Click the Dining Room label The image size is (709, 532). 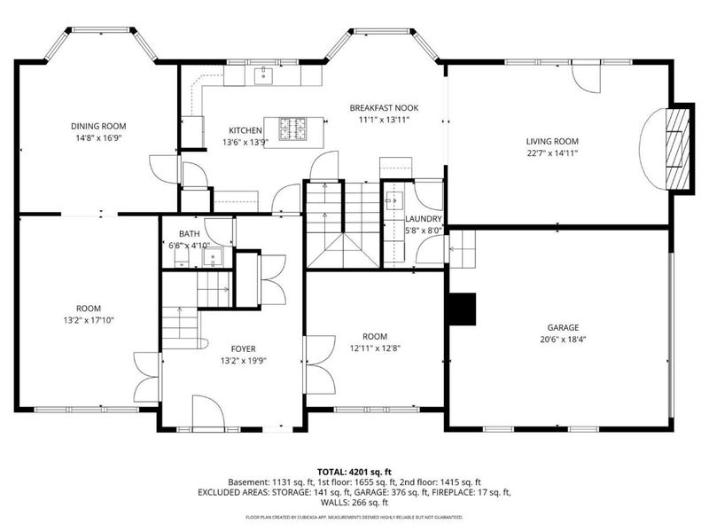(98, 126)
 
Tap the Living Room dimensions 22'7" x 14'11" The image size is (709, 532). (552, 153)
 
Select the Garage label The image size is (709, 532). (563, 327)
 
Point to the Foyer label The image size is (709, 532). (243, 348)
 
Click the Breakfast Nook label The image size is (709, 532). (384, 107)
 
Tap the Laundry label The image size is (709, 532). (424, 219)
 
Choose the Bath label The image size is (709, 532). (189, 234)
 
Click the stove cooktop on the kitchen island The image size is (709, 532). (292, 128)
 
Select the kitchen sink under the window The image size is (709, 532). (263, 75)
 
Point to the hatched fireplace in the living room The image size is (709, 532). (678, 149)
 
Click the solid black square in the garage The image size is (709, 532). (462, 309)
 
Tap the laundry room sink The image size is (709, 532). (393, 199)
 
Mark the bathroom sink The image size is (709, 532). (212, 257)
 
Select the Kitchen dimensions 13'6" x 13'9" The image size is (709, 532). (245, 142)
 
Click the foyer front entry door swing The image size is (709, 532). (208, 411)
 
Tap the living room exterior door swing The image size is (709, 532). (586, 77)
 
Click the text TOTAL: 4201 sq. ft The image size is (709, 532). (354, 473)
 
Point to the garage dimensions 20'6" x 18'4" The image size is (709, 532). (563, 340)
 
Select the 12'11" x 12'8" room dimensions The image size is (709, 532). (375, 348)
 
